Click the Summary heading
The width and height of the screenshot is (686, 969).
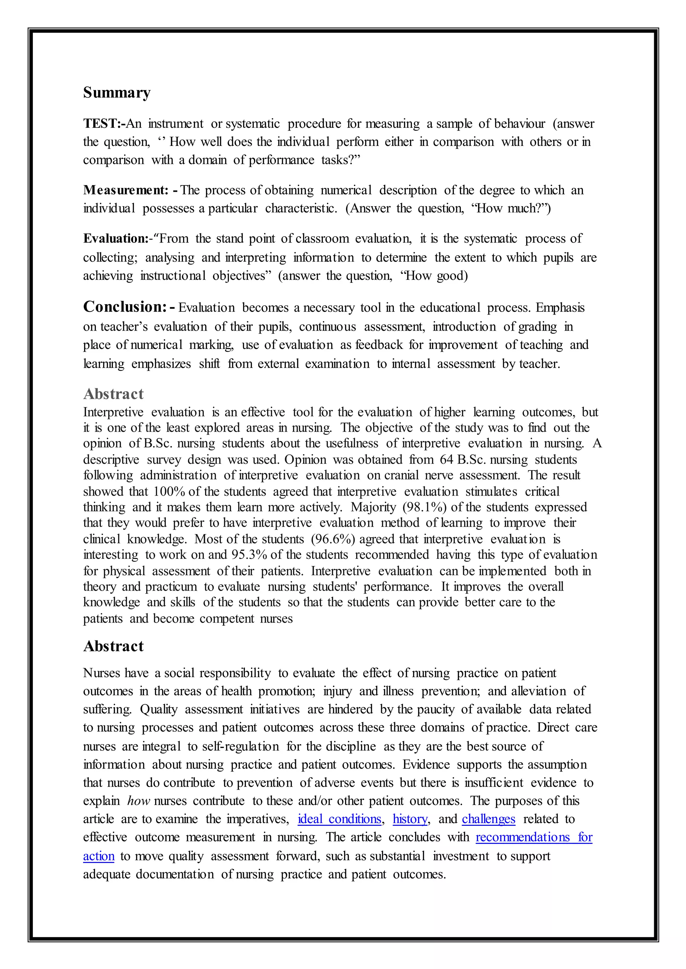(x=117, y=93)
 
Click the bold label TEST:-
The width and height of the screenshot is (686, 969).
(x=104, y=124)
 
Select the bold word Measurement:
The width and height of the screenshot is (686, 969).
(x=126, y=190)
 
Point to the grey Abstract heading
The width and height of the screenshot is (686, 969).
(x=113, y=394)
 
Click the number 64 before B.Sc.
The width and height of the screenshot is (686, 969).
(x=447, y=460)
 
